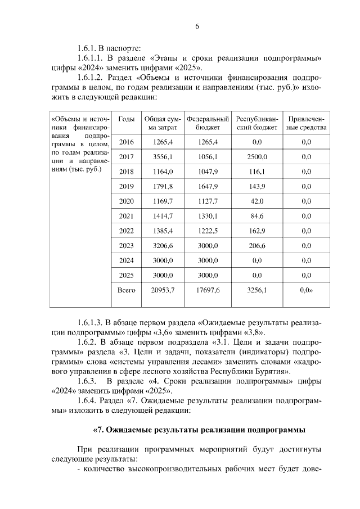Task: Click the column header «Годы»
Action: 127,119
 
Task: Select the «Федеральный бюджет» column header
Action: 208,123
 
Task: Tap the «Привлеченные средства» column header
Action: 306,123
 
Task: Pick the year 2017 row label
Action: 127,157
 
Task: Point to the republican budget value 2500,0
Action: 256,157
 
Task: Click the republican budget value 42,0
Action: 256,201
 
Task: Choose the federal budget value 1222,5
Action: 208,231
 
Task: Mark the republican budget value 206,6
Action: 256,246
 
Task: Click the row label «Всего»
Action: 127,290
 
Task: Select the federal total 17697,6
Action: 208,290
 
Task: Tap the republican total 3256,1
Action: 256,290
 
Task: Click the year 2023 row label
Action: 127,246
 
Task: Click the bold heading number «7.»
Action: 98,430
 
